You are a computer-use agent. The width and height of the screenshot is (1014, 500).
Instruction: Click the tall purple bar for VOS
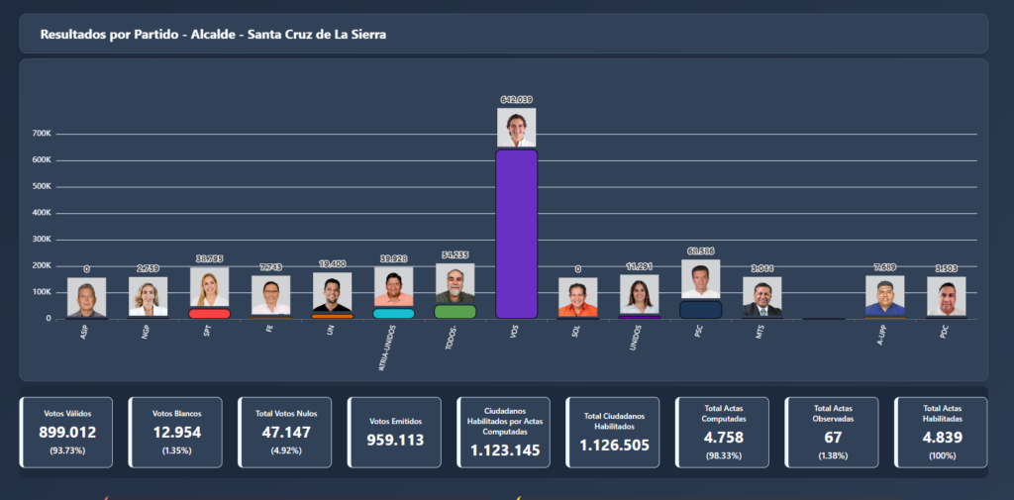516,234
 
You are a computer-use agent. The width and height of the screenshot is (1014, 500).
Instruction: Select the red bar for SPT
209,313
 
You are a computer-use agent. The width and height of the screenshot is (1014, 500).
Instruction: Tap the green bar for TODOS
455,311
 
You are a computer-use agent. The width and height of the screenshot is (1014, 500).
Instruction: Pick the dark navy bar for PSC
700,309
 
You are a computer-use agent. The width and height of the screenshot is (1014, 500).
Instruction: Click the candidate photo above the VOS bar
516,128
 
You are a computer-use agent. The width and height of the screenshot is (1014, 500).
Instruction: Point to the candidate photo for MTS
762,297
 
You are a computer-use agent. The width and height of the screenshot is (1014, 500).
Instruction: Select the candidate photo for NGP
148,296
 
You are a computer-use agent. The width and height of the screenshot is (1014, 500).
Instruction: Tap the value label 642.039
516,100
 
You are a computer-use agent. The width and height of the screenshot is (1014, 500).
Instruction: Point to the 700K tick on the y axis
42,134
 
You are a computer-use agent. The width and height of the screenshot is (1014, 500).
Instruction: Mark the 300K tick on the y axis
42,240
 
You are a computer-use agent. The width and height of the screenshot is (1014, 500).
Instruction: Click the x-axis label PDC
945,333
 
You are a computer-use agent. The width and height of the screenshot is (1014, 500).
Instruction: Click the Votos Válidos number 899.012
67,433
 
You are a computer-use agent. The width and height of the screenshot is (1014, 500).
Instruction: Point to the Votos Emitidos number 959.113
395,440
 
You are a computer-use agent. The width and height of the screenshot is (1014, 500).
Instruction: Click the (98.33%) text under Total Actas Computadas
722,455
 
